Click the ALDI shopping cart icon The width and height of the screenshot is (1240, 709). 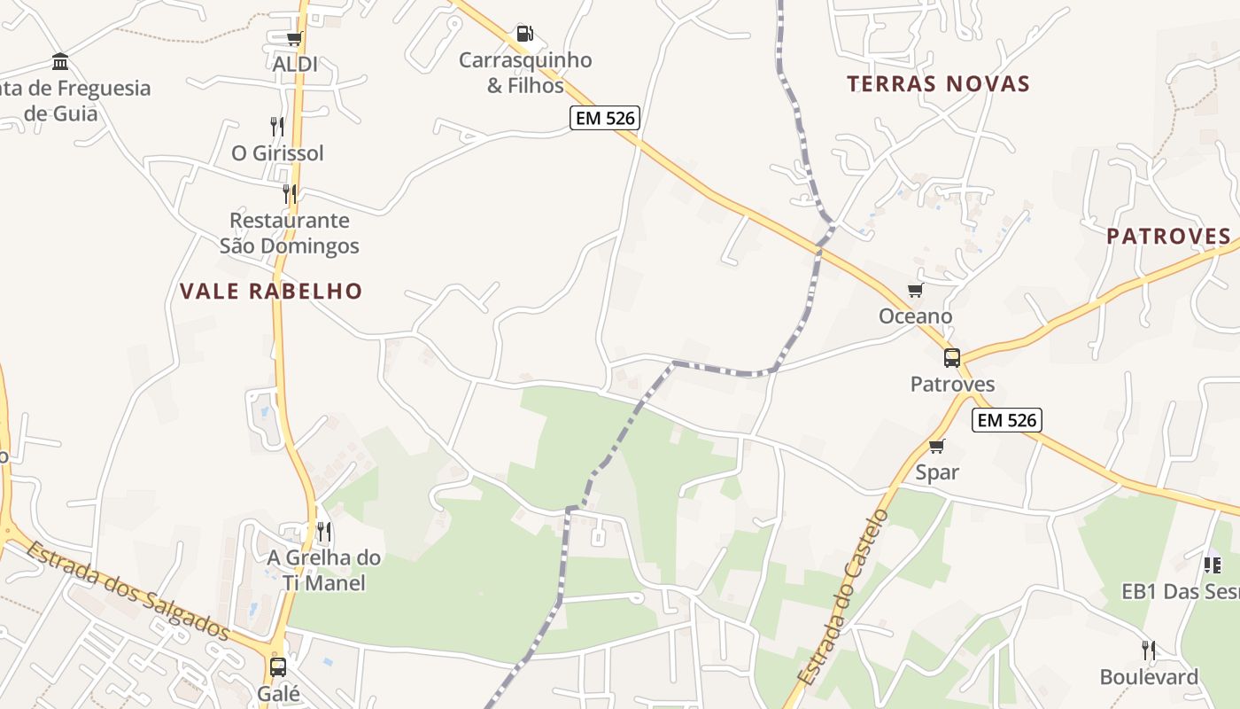coord(294,39)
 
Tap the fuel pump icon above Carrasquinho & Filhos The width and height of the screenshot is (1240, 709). coord(525,34)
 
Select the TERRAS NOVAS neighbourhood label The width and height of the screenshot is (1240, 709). coord(938,84)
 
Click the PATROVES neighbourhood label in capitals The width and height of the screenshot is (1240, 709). coord(1168,237)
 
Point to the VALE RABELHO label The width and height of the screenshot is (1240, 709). coord(271,291)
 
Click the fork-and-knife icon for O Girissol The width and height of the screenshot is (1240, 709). coord(277,127)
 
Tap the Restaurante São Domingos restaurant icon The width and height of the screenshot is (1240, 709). coord(290,194)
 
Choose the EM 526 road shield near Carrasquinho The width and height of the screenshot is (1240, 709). coord(604,118)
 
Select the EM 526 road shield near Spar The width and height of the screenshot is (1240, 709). coord(1006,420)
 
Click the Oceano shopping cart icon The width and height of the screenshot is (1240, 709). coord(915,291)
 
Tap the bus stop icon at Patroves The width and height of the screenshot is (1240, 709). coord(952,358)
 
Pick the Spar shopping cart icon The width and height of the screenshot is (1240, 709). coord(937,447)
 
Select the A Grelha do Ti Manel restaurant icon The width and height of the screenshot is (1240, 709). coord(325,532)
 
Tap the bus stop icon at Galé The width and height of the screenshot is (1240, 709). coord(278,667)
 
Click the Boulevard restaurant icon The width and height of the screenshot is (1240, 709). coord(1149,651)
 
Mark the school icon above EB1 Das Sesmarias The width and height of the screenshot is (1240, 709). coord(1213,565)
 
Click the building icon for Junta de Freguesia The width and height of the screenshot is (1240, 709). coord(60,62)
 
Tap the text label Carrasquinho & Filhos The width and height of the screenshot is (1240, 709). coord(525,73)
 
